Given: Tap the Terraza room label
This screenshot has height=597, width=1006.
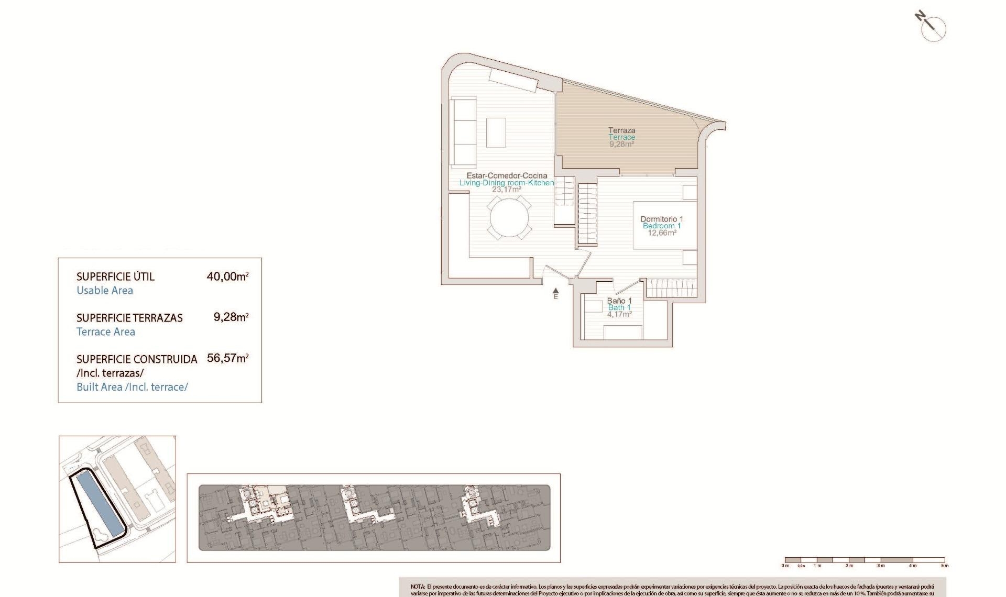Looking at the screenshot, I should coord(621,130).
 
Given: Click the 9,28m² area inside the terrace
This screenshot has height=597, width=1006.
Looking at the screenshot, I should coord(621,144).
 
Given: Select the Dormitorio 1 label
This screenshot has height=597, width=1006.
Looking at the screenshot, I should coord(662,219).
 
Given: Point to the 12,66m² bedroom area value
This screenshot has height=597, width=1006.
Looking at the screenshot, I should coord(662,233).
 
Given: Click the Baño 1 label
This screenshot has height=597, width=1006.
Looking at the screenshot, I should coord(619,301).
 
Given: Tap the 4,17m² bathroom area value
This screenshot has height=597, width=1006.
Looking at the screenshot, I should coord(619,314).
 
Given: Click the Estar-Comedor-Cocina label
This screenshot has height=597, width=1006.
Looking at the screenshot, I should coord(507,175).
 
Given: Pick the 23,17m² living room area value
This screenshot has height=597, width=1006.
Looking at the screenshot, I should coord(506,190).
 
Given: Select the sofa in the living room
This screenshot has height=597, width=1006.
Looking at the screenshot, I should coord(463,130).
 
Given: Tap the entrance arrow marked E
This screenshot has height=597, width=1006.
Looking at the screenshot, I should coord(555,292).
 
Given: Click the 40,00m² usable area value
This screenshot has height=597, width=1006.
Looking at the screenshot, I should coord(227,277).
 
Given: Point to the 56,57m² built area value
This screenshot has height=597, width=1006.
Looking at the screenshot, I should coord(227,359).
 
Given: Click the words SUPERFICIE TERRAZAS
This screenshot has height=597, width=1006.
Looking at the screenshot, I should coord(129,318).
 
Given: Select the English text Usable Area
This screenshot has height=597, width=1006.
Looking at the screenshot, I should coord(105,291).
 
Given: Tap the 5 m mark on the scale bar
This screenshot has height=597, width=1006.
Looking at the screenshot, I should coord(944,566).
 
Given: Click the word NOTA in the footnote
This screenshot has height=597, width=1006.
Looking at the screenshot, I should coord(418,587).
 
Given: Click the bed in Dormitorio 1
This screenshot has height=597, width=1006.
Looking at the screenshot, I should coord(664,225).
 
